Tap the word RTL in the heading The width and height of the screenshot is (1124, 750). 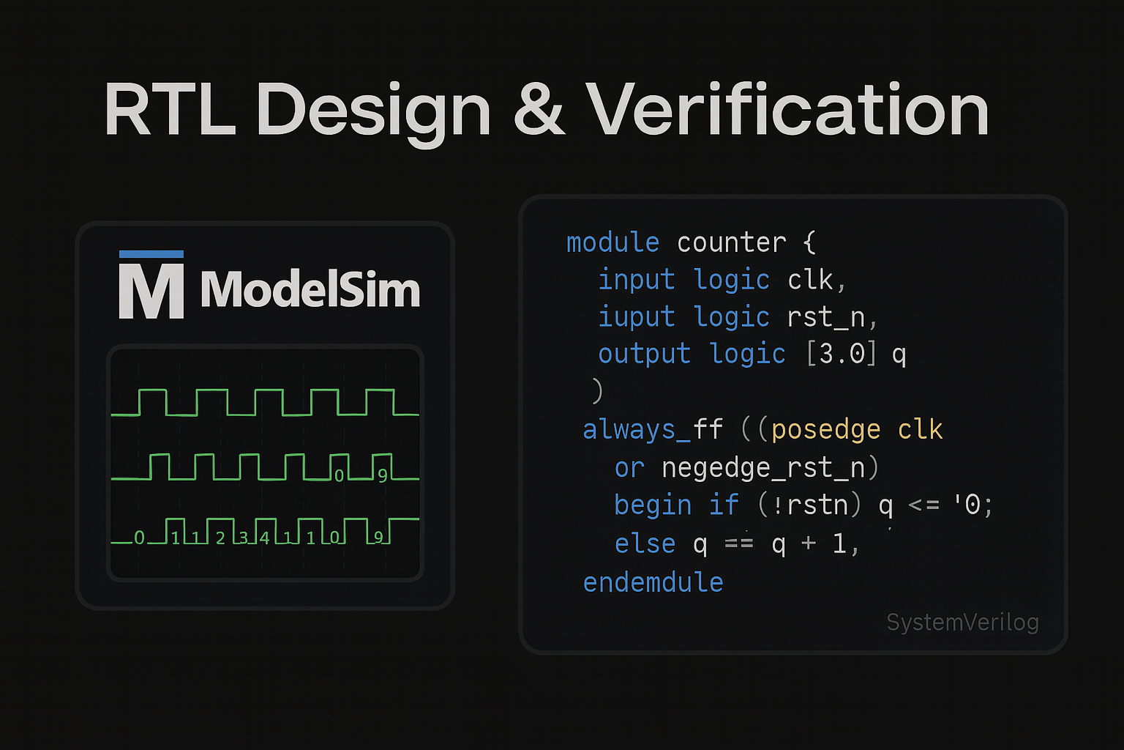170,110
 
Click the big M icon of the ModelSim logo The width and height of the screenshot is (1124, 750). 151,291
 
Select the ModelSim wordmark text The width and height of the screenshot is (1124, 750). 310,289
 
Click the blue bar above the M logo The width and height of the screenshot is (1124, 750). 151,254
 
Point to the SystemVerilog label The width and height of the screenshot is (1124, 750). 962,622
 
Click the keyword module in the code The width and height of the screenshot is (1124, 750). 612,242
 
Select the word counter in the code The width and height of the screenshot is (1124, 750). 731,242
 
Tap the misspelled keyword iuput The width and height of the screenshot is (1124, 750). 636,317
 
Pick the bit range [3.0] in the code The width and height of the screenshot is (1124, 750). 841,354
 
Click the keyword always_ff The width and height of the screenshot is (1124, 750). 653,429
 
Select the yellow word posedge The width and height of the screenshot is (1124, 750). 825,429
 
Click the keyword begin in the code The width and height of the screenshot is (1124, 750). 653,505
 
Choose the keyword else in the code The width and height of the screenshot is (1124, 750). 645,543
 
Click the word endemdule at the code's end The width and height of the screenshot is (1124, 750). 653,582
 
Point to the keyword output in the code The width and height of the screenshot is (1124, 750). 644,354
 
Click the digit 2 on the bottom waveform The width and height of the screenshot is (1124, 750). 220,538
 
